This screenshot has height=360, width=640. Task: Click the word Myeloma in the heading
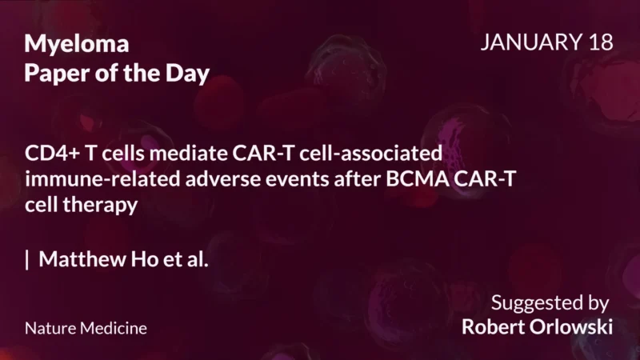[x=77, y=43]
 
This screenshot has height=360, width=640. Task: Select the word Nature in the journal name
[x=48, y=329]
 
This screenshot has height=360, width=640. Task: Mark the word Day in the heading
[x=187, y=74]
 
